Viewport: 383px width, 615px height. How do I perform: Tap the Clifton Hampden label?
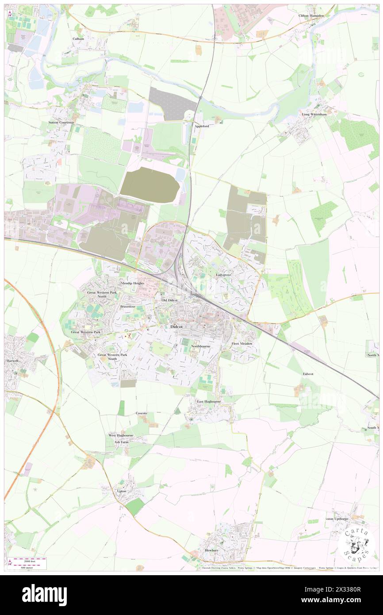[x=311, y=15]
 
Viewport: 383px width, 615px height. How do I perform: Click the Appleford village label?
[x=201, y=126]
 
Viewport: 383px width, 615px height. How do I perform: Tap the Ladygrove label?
[x=224, y=274]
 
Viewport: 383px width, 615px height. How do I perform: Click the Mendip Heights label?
[x=132, y=283]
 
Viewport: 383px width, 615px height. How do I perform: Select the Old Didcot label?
[x=169, y=300]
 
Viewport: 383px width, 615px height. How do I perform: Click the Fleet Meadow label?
[x=242, y=344]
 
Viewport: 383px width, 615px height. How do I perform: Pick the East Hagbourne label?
[x=209, y=401]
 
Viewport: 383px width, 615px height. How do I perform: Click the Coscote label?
[x=142, y=413]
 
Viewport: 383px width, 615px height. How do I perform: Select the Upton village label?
[x=121, y=491]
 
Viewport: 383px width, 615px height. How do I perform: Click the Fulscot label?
[x=308, y=374]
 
